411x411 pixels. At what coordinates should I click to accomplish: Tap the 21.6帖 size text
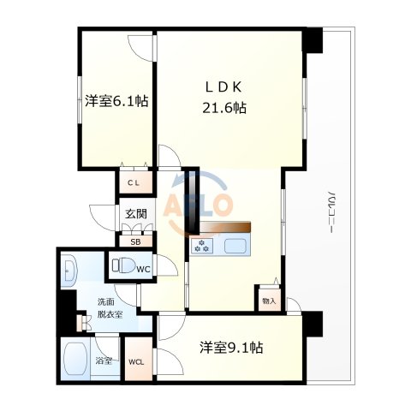[226, 108]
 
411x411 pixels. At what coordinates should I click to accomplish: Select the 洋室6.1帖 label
[117, 101]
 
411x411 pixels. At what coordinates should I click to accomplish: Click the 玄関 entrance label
[135, 215]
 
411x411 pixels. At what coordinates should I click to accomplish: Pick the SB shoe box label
[135, 241]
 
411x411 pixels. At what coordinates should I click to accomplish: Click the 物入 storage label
[268, 301]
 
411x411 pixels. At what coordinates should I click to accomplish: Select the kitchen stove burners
[204, 247]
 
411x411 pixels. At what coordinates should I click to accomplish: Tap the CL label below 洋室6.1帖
[135, 182]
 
